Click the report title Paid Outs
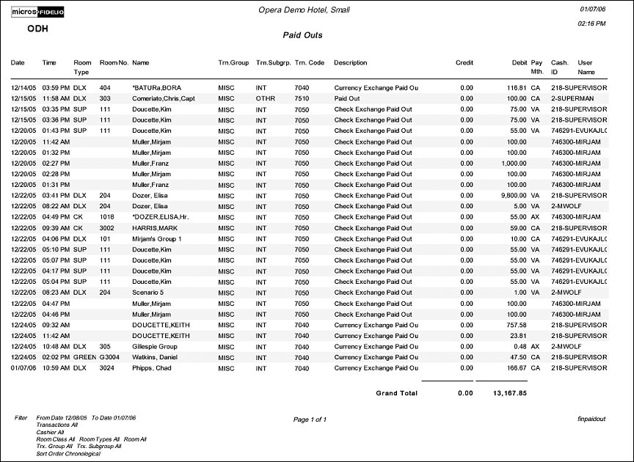[x=302, y=35]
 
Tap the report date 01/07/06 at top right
[x=592, y=9]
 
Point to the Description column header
[x=350, y=63]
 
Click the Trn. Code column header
[x=309, y=63]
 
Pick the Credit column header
[x=464, y=63]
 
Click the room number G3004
[x=111, y=357]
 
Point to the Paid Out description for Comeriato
[x=347, y=98]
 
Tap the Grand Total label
[x=396, y=393]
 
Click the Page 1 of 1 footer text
[x=310, y=419]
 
